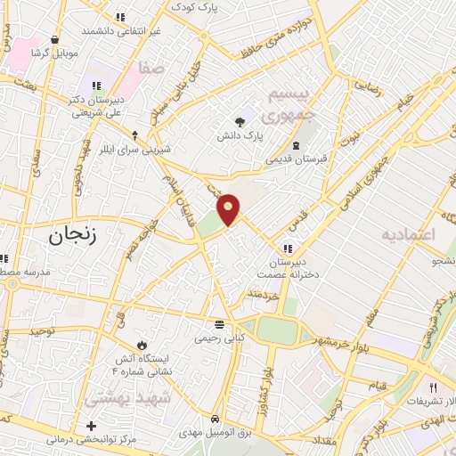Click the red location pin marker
pyautogui.click(x=230, y=209)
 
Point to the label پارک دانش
pyautogui.click(x=241, y=137)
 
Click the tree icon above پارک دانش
pyautogui.click(x=240, y=123)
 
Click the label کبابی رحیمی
pyautogui.click(x=220, y=339)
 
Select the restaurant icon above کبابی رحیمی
pyautogui.click(x=219, y=324)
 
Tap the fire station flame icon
pyautogui.click(x=140, y=345)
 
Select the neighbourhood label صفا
pyautogui.click(x=151, y=67)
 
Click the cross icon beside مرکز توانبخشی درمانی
pyautogui.click(x=90, y=426)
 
